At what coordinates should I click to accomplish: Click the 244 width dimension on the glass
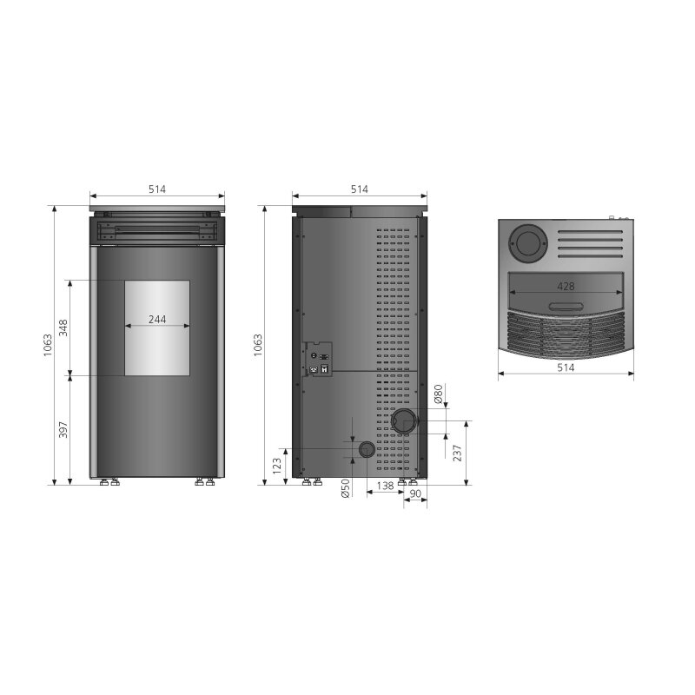(x=157, y=319)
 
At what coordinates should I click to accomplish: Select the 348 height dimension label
(x=63, y=328)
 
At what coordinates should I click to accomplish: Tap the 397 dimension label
(x=63, y=430)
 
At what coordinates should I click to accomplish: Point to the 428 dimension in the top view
(x=566, y=287)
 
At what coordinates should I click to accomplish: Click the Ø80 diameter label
(x=439, y=394)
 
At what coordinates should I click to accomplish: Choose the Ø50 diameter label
(x=346, y=487)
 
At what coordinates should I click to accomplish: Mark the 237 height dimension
(x=458, y=453)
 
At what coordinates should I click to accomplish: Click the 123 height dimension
(x=277, y=467)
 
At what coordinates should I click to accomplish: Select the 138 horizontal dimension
(x=385, y=486)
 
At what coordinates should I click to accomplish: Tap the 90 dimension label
(x=415, y=493)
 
